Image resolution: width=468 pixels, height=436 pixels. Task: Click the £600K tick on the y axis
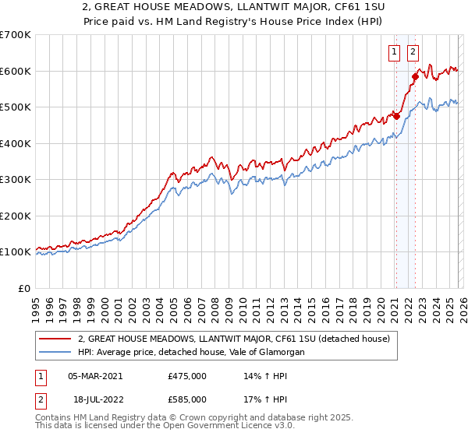pos(16,71)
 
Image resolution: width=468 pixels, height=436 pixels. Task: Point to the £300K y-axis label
pos(16,180)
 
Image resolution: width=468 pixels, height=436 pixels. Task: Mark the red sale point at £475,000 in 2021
pos(396,116)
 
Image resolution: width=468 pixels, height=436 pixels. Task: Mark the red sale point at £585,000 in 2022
pos(415,76)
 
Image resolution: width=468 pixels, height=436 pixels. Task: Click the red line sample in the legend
pos(55,339)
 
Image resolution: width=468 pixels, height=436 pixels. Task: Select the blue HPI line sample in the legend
pos(55,353)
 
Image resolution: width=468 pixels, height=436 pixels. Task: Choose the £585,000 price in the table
pos(187,399)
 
